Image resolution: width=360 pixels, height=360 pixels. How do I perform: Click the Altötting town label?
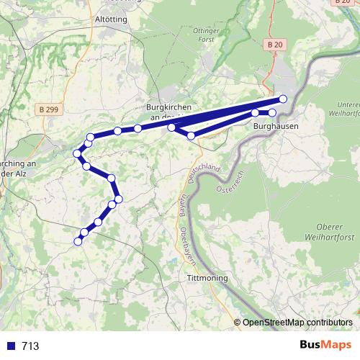click(x=111, y=19)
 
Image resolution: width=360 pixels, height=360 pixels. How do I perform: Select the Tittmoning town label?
click(x=207, y=278)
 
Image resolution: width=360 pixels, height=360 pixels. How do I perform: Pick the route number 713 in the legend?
click(x=30, y=346)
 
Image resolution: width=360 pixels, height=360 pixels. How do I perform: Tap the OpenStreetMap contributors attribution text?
click(x=297, y=323)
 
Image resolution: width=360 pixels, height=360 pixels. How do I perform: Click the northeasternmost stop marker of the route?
click(x=283, y=99)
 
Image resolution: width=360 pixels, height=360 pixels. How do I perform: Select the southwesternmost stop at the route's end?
click(x=78, y=241)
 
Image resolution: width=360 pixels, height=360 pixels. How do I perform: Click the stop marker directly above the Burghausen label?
click(x=272, y=113)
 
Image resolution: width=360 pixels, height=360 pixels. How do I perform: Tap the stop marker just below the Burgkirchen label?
click(x=171, y=127)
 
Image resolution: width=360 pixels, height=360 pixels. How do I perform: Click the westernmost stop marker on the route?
click(x=76, y=153)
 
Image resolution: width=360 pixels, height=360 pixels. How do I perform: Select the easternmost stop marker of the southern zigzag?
click(x=119, y=198)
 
